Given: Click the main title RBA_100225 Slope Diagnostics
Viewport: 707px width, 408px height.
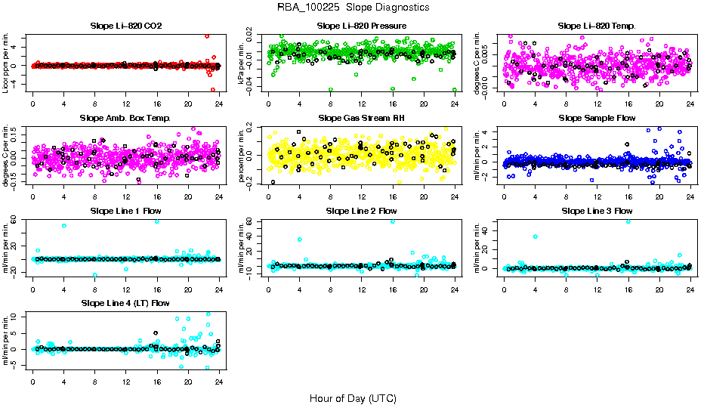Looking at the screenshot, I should [x=353, y=8].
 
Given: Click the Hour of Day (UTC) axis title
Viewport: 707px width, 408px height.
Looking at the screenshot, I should [x=353, y=397].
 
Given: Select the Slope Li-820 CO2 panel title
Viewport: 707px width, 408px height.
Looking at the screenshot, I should [x=125, y=26].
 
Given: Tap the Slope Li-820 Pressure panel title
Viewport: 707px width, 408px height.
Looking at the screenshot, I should [x=362, y=26].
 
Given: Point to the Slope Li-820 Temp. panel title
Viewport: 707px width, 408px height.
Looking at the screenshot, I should [x=597, y=26].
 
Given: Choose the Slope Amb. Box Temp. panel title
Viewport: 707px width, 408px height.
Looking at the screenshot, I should [x=125, y=119].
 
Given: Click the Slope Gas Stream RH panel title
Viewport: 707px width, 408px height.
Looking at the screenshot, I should [x=362, y=119].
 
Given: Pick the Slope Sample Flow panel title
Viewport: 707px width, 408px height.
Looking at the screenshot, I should [x=597, y=119].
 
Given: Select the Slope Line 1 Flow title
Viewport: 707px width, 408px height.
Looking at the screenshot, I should [x=125, y=211].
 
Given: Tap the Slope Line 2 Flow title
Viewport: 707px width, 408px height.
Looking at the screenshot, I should [x=362, y=211].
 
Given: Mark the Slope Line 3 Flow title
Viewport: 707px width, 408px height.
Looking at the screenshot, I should [x=597, y=211].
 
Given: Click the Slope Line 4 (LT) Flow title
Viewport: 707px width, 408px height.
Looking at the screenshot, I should [x=125, y=303].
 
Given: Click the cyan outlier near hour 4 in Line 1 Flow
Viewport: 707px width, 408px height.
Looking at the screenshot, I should [x=64, y=225].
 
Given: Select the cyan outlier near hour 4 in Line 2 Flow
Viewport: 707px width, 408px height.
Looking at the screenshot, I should [x=300, y=240].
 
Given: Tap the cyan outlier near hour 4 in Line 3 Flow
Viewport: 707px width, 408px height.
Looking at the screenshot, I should [x=536, y=236].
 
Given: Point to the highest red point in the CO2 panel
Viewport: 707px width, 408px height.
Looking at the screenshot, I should [x=207, y=36].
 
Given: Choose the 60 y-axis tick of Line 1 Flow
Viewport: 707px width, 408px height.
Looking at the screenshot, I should [x=14, y=221].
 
